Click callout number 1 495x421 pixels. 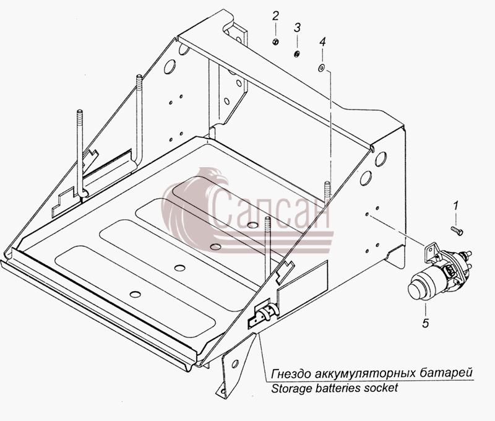point(455,206)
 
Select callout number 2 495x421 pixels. point(275,16)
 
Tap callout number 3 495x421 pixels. point(297,27)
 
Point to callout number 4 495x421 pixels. point(322,41)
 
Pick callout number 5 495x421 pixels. point(426,323)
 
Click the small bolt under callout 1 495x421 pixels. point(457,230)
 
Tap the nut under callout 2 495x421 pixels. point(275,41)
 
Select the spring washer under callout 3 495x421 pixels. point(297,54)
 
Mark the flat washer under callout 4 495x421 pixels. point(321,67)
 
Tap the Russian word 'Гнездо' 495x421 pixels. point(291,373)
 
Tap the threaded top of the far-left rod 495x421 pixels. point(80,116)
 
